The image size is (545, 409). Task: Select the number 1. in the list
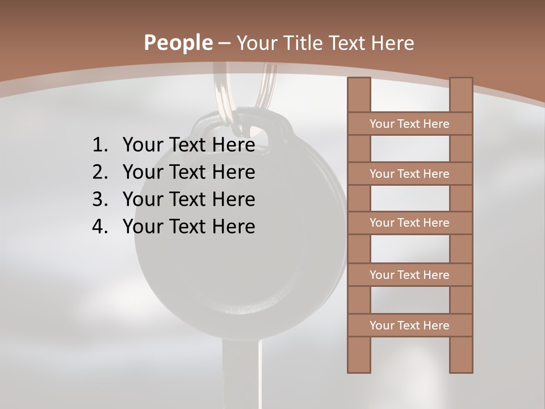(x=99, y=145)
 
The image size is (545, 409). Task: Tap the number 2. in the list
(x=99, y=172)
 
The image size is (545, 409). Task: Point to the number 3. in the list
(x=99, y=199)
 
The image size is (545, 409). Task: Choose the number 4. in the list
(x=99, y=227)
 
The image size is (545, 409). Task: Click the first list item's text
(x=188, y=145)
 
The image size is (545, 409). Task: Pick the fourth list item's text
(x=188, y=227)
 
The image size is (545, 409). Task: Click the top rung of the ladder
(x=409, y=124)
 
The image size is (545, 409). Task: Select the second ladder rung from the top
(x=409, y=174)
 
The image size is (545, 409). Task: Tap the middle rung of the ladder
(x=409, y=223)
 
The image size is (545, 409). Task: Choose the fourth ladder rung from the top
(x=409, y=275)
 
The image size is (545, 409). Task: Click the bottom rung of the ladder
(x=409, y=325)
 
